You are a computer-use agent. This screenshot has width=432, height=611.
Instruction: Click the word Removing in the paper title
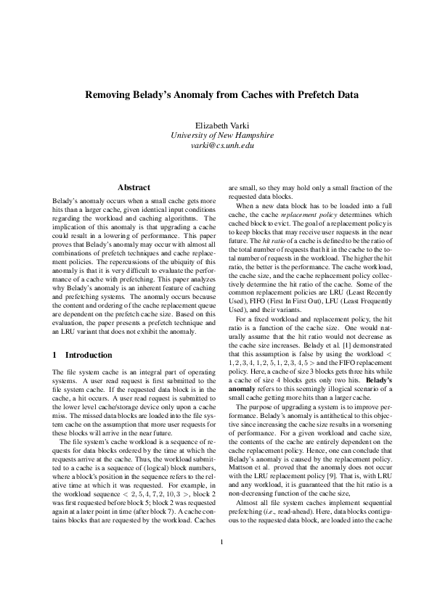point(108,94)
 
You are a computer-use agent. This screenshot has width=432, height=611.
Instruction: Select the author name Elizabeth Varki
point(216,125)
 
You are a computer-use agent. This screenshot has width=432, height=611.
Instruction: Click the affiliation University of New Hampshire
point(216,135)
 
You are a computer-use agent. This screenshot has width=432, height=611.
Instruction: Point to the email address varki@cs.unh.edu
point(216,145)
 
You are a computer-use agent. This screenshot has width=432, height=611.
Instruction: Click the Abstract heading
point(134,187)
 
